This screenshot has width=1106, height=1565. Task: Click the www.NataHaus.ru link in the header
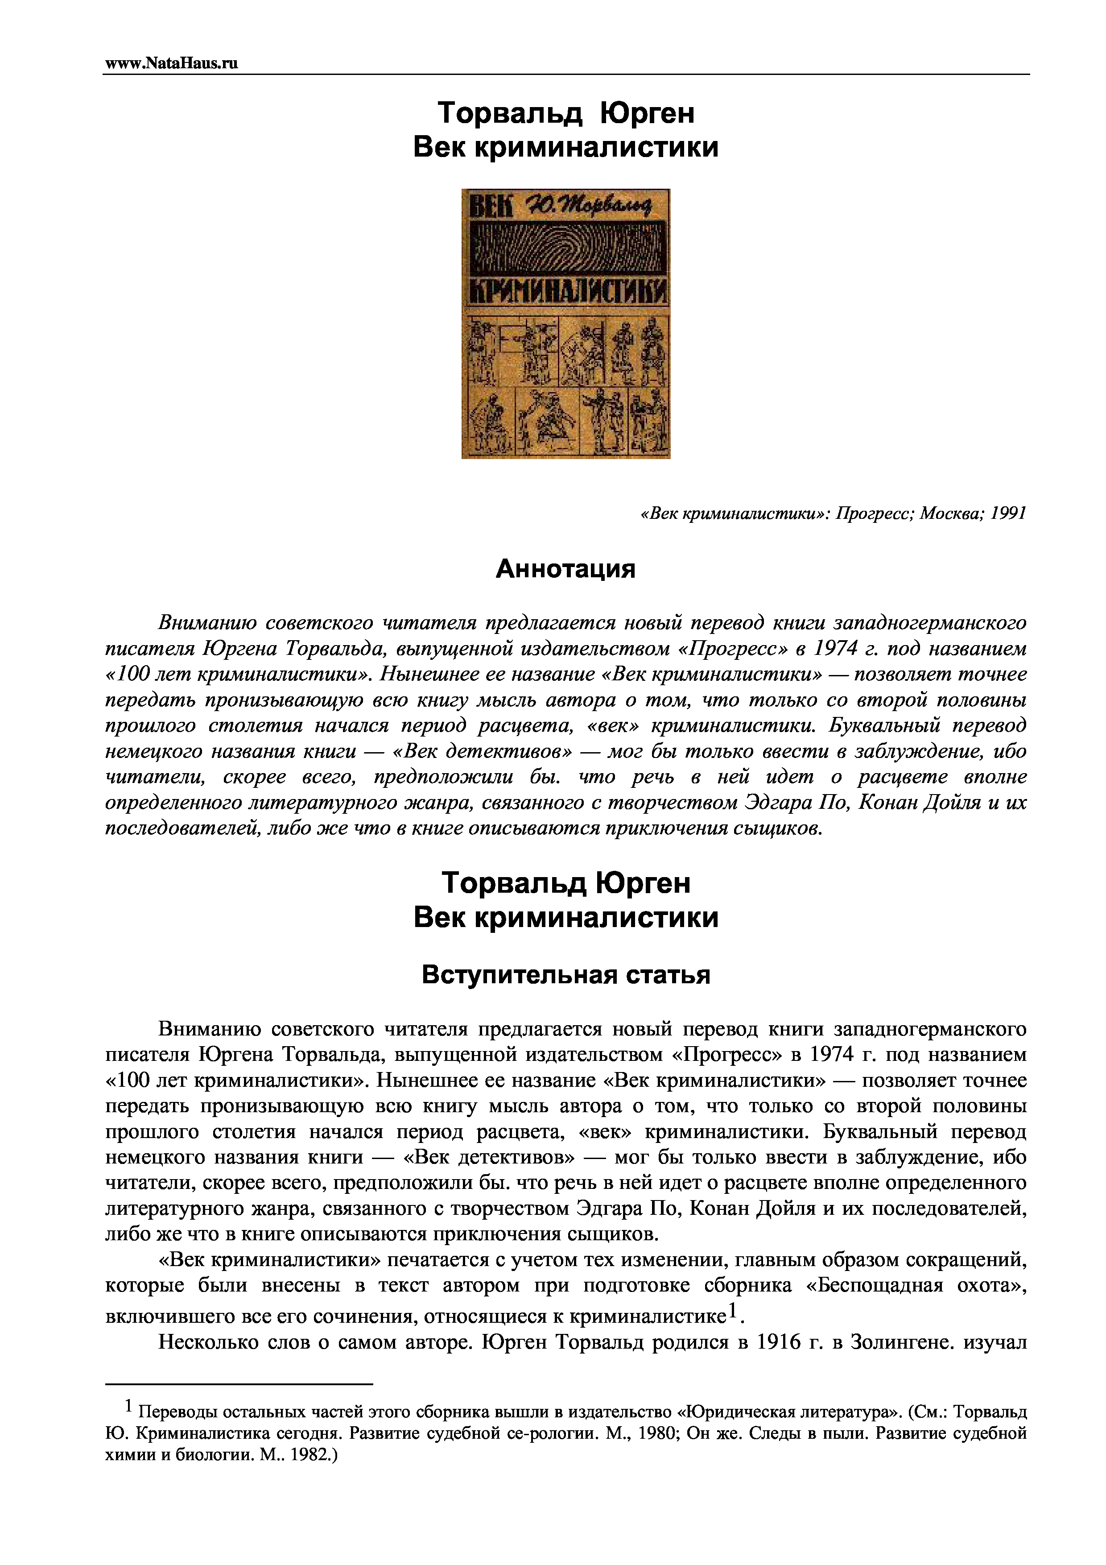pos(171,63)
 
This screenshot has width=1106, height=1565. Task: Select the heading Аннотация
pos(565,568)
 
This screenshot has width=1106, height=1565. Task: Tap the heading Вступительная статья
pos(565,975)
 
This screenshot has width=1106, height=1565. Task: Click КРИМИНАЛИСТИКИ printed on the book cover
pos(565,294)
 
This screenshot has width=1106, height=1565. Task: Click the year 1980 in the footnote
pos(654,1433)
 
